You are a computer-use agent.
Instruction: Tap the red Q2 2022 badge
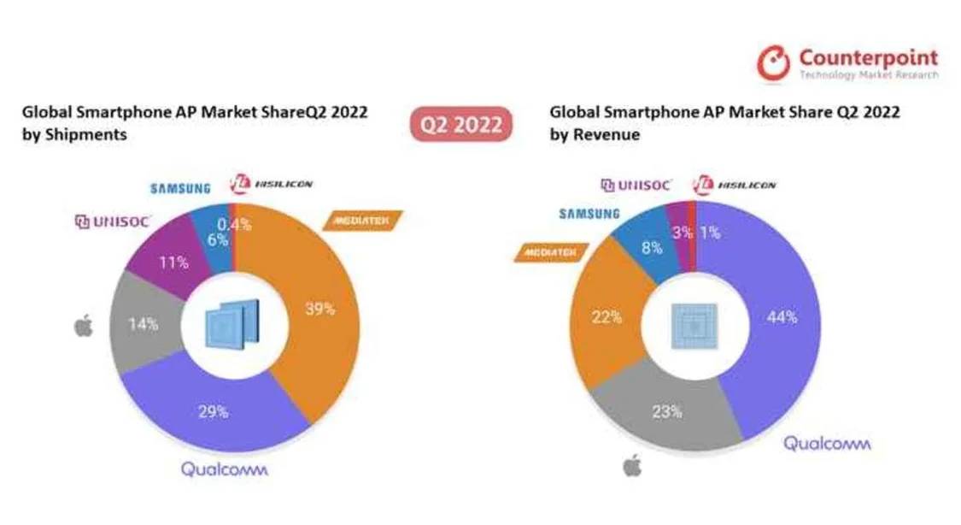pyautogui.click(x=461, y=125)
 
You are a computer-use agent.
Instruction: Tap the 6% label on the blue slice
pyautogui.click(x=217, y=240)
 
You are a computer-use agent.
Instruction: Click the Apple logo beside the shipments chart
pyautogui.click(x=84, y=326)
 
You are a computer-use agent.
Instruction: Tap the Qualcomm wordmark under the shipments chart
pyautogui.click(x=224, y=469)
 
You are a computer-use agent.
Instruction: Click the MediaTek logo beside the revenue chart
pyautogui.click(x=544, y=252)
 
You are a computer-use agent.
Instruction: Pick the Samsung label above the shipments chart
pyautogui.click(x=180, y=188)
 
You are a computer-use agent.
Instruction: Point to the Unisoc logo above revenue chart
pyautogui.click(x=636, y=185)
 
